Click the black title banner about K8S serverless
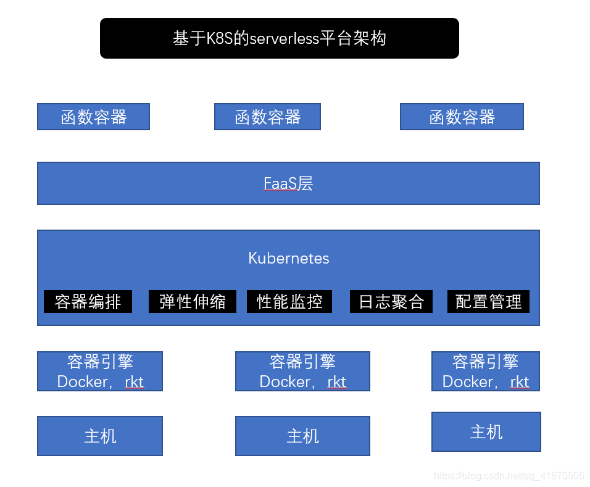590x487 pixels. pyautogui.click(x=279, y=38)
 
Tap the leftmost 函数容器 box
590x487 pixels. pyautogui.click(x=93, y=117)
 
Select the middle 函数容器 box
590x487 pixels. pyautogui.click(x=267, y=117)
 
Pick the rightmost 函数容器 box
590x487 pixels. pyautogui.click(x=462, y=117)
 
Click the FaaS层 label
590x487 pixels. pyautogui.click(x=288, y=183)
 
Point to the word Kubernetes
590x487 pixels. pyautogui.click(x=288, y=258)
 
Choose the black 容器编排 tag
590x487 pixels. pyautogui.click(x=88, y=302)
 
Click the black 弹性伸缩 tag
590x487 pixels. pyautogui.click(x=192, y=302)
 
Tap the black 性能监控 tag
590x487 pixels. pyautogui.click(x=289, y=302)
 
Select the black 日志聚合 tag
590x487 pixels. pyautogui.click(x=391, y=302)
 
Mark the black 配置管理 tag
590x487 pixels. pyautogui.click(x=488, y=302)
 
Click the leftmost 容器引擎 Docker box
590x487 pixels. pyautogui.click(x=100, y=371)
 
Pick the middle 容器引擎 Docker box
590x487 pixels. pyautogui.click(x=302, y=371)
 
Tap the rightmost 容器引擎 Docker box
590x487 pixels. pyautogui.click(x=486, y=371)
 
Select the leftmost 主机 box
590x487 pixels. pyautogui.click(x=100, y=436)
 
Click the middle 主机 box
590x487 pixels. pyautogui.click(x=302, y=436)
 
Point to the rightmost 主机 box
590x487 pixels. pyautogui.click(x=486, y=431)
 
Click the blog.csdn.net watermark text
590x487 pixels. pyautogui.click(x=509, y=476)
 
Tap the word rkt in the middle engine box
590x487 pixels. pyautogui.click(x=336, y=382)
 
